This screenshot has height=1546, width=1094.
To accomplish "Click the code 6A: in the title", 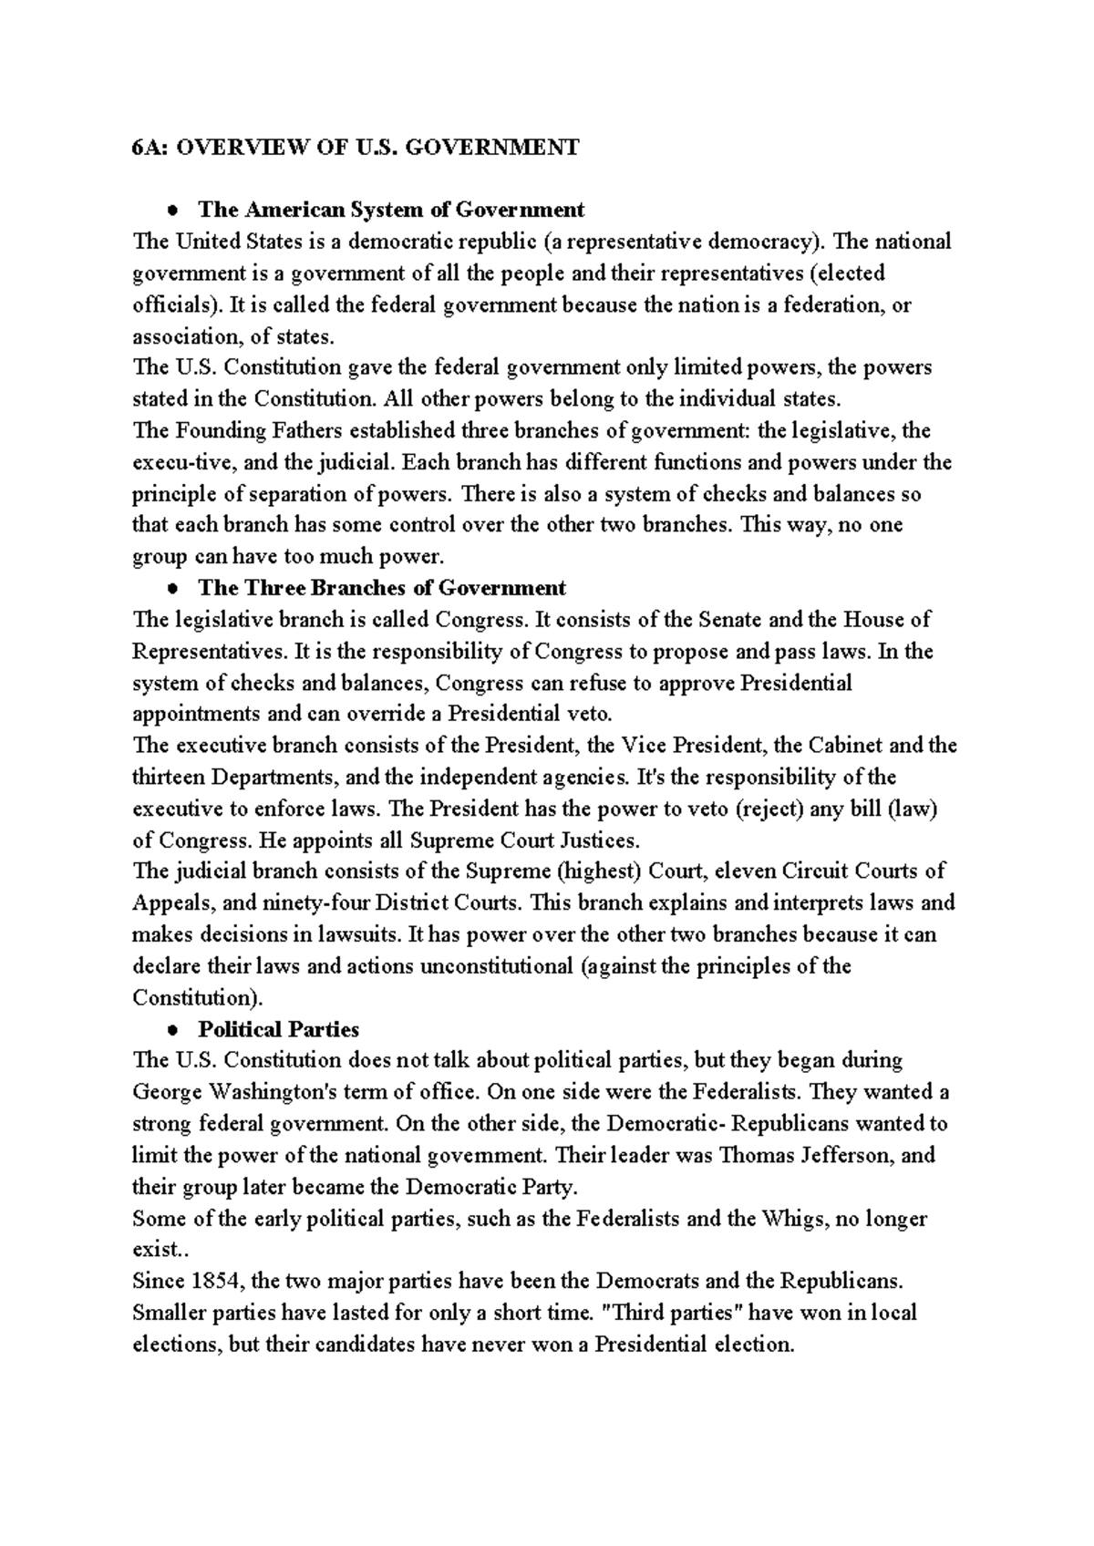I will (149, 148).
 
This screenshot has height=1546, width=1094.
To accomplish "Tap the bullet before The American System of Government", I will (171, 211).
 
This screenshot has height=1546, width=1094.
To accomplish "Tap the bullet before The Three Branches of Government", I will (171, 589).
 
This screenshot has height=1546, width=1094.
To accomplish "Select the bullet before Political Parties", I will (171, 1031).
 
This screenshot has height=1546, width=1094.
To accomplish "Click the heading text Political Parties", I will (278, 1030).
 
